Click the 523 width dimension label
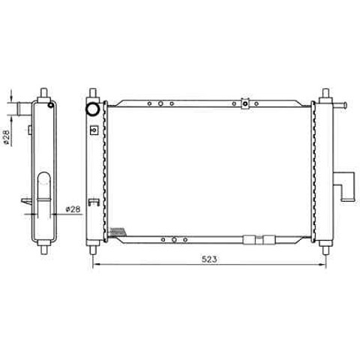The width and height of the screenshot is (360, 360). pyautogui.click(x=209, y=259)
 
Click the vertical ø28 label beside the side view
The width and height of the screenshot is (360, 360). pyautogui.click(x=7, y=136)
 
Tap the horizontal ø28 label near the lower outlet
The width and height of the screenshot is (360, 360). pyautogui.click(x=73, y=209)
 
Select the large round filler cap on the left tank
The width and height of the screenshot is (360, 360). pyautogui.click(x=93, y=109)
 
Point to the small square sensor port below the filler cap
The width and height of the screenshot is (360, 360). pyautogui.click(x=94, y=130)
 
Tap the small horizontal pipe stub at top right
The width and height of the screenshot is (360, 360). pyautogui.click(x=339, y=105)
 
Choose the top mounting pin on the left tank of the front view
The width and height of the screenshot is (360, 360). pyautogui.click(x=93, y=93)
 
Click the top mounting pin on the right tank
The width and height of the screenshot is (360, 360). pyautogui.click(x=325, y=93)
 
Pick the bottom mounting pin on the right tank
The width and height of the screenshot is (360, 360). pyautogui.click(x=325, y=250)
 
